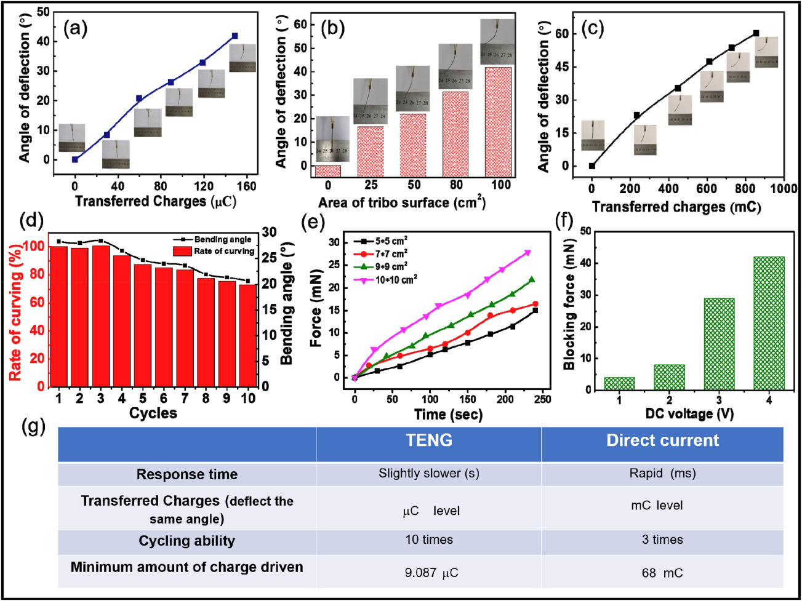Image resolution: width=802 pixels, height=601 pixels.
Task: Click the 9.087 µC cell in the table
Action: point(431,573)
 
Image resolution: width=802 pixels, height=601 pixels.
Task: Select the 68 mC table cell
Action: point(662,573)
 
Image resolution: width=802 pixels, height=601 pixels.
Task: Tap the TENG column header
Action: point(429,440)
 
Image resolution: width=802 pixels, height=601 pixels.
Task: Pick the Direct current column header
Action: point(662,440)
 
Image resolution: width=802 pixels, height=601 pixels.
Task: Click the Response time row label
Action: point(186,474)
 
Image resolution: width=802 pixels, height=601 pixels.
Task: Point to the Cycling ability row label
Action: point(186,541)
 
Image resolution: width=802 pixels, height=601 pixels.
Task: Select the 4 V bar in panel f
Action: point(769,323)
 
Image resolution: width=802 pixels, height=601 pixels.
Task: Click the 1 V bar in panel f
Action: point(619,383)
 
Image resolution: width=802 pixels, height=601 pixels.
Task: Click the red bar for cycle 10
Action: point(248,335)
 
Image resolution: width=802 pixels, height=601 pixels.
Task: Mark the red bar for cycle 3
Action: point(101,316)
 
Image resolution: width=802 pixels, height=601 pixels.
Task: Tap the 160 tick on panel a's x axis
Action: point(246,186)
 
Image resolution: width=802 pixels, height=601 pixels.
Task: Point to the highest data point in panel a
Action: point(235,36)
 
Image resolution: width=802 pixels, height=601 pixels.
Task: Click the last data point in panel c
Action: point(756,33)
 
